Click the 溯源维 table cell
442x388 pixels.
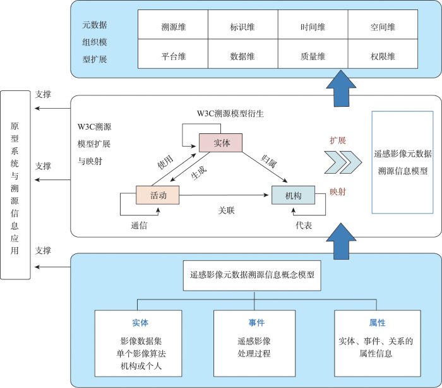(x=172, y=27)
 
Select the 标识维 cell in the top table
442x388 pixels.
(x=242, y=27)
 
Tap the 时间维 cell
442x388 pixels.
(x=313, y=27)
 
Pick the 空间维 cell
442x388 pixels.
(x=383, y=27)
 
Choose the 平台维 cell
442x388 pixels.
(x=172, y=56)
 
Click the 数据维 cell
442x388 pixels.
(x=242, y=56)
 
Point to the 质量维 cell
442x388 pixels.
(x=313, y=56)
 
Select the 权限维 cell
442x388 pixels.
(x=383, y=56)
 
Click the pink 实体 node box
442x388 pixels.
(x=220, y=143)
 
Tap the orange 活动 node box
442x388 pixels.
(x=158, y=195)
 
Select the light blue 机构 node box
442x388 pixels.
(x=293, y=195)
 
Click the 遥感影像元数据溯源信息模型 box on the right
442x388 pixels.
(x=402, y=162)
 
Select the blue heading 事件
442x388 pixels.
(x=256, y=323)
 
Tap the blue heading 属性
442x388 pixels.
(x=377, y=323)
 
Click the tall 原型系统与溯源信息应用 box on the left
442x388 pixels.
(x=15, y=185)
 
